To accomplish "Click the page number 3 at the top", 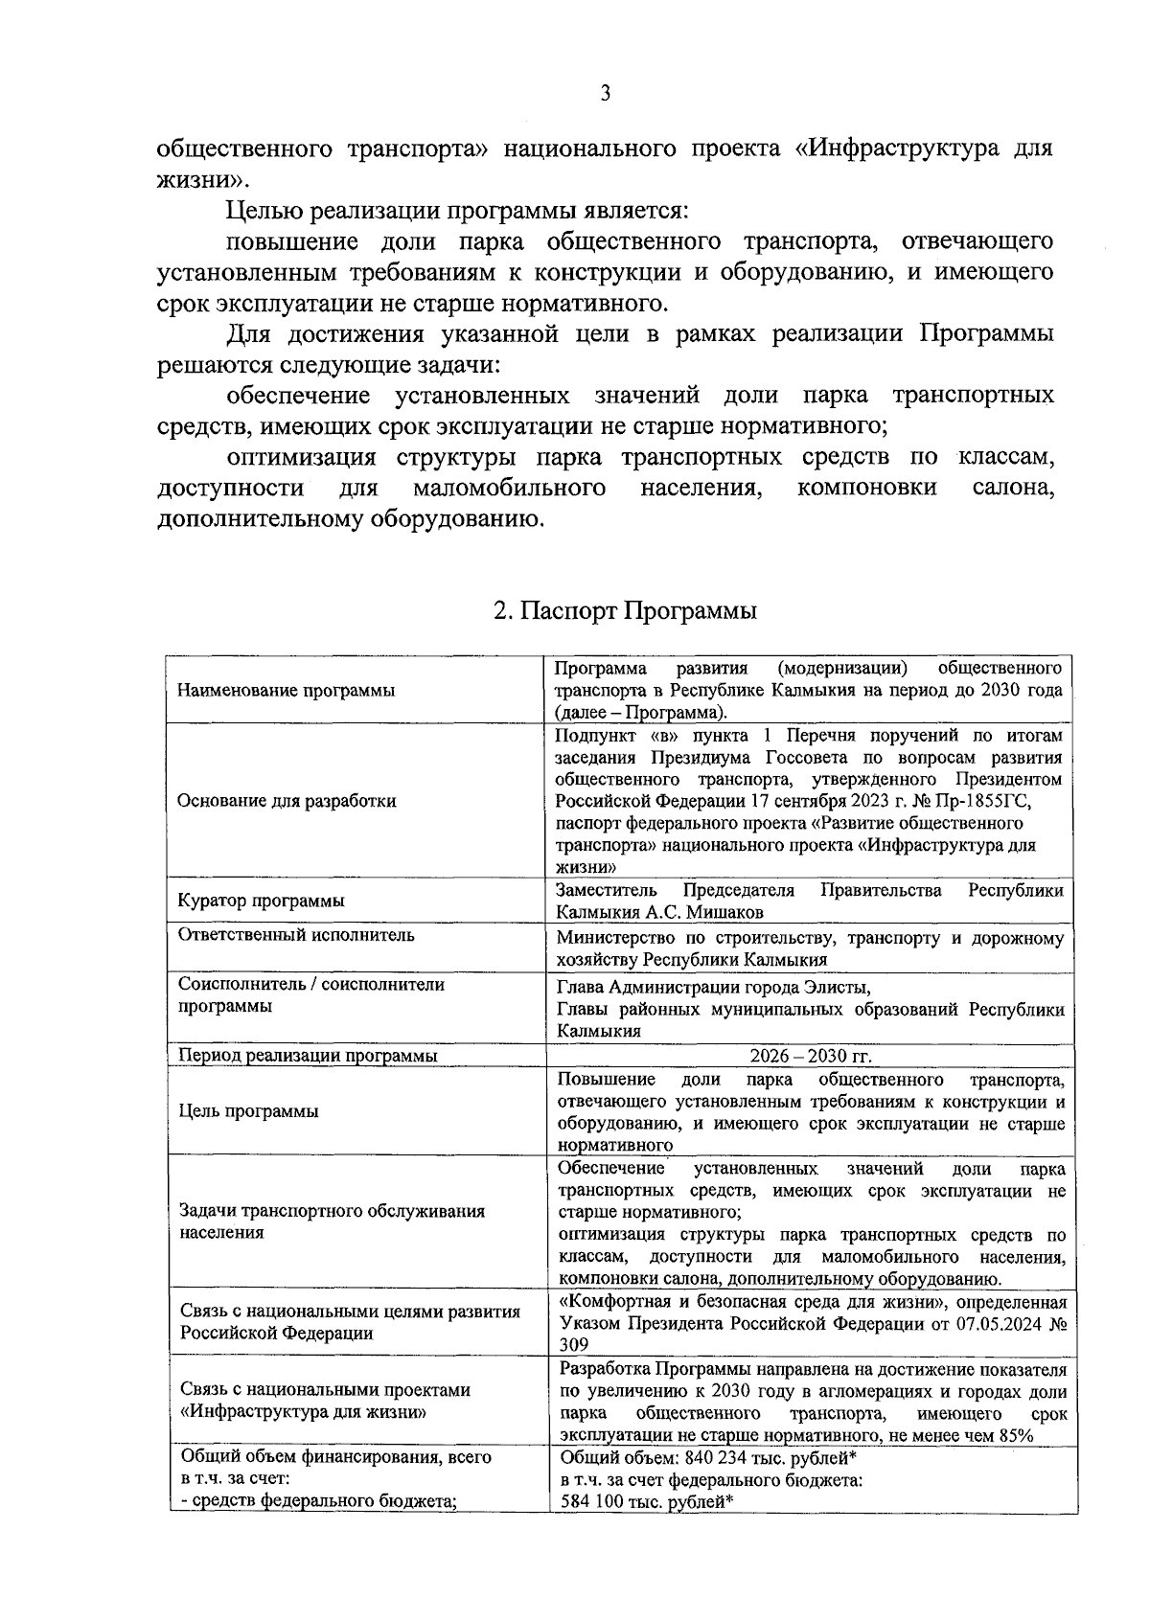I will (605, 93).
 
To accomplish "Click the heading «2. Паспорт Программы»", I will (625, 610).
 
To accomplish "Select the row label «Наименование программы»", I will (287, 691).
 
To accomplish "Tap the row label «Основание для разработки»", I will (287, 801).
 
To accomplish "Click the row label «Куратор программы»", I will (262, 902).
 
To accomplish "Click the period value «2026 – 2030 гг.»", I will (811, 1056).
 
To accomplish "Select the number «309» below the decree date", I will (573, 1345).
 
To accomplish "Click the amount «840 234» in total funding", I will (719, 1457).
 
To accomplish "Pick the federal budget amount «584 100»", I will (595, 1502).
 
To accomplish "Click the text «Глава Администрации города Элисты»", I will (714, 988).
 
